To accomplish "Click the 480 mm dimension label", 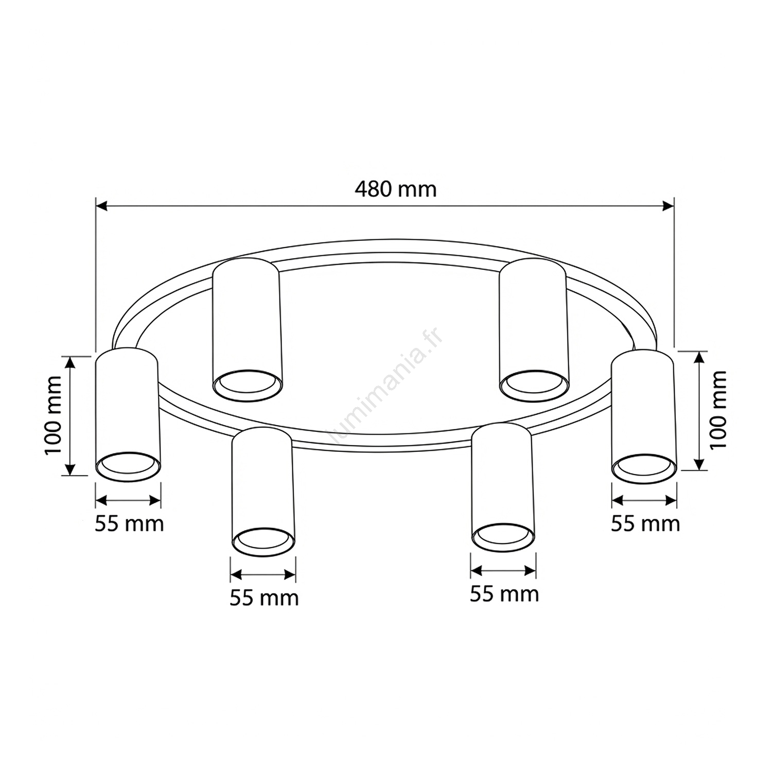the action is click(395, 189).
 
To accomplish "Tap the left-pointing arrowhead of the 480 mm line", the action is click(102, 206).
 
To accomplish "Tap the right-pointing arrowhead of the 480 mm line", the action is click(668, 206).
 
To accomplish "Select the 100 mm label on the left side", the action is click(53, 415).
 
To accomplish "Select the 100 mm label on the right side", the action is click(718, 410).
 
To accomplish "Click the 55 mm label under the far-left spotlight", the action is click(129, 523).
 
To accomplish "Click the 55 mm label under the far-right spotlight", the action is click(645, 523).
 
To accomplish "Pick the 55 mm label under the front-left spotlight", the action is click(264, 598).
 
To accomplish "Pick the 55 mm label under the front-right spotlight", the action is click(504, 593).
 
